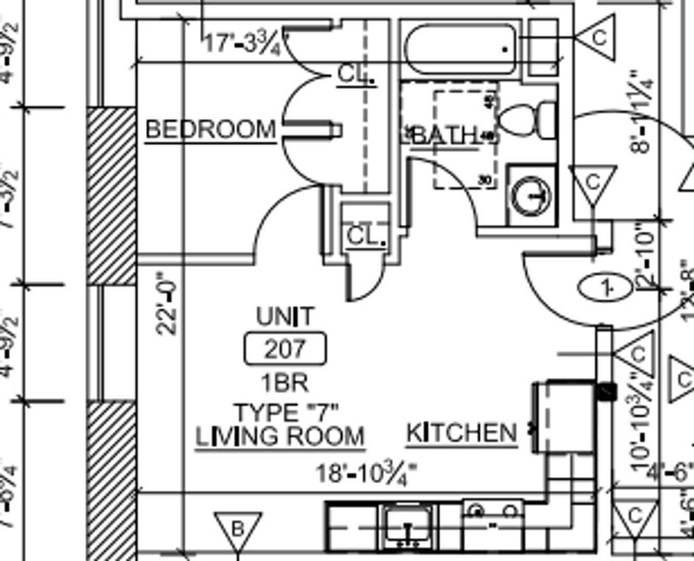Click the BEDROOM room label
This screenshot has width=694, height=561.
pyautogui.click(x=210, y=129)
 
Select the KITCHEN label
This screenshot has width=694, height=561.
pyautogui.click(x=461, y=433)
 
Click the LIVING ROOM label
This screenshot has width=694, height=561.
pyautogui.click(x=280, y=436)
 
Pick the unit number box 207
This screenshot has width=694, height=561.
pyautogui.click(x=285, y=349)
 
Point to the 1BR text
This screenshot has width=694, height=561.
pyautogui.click(x=285, y=383)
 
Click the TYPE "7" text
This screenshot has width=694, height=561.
pyautogui.click(x=286, y=413)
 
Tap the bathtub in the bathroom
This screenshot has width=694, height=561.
pyautogui.click(x=460, y=49)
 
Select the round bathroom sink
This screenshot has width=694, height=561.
pyautogui.click(x=531, y=195)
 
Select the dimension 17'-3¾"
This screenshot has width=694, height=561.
pyautogui.click(x=243, y=43)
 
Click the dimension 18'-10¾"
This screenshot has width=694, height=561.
pyautogui.click(x=366, y=473)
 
